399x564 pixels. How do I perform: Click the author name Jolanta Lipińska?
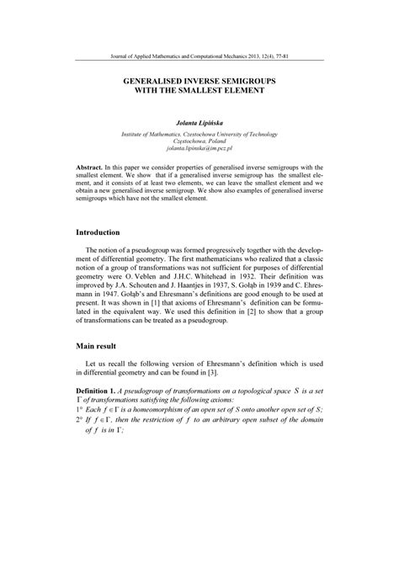tap(199, 123)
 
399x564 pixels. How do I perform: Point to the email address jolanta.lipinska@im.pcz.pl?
tap(199, 148)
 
